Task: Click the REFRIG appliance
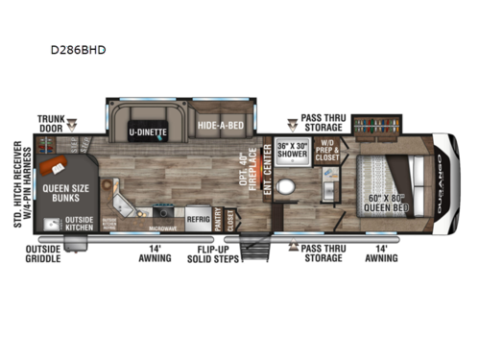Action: pos(198,217)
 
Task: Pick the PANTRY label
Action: pos(221,216)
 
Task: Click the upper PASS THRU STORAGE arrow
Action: pos(293,123)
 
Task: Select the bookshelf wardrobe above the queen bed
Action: pos(376,125)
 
